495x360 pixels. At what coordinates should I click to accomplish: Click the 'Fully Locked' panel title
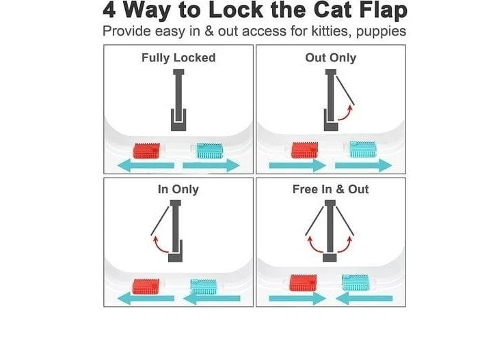point(178,58)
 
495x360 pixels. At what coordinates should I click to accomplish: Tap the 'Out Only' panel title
point(330,58)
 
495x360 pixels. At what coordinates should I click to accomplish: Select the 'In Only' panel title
point(178,189)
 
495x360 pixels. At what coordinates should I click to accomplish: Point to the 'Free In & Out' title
point(330,189)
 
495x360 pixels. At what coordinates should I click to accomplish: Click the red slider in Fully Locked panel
point(146,150)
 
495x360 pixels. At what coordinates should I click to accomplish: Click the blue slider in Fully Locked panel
point(210,150)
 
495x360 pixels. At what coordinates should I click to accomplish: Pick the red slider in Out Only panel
point(304,150)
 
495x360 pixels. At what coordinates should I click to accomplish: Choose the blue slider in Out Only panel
point(362,149)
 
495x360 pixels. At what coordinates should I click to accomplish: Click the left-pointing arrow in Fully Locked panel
point(144,165)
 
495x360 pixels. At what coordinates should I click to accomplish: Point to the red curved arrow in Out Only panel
point(345,113)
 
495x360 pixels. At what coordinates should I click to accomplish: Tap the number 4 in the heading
point(109,12)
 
